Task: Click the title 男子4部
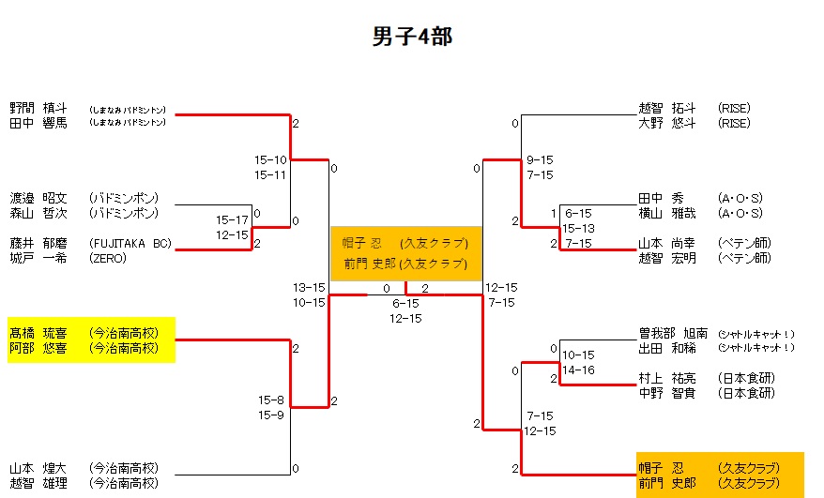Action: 413,37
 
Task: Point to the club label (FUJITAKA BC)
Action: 130,243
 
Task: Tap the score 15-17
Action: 232,219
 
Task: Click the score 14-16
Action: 578,370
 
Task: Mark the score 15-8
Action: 271,400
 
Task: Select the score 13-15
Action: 309,287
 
